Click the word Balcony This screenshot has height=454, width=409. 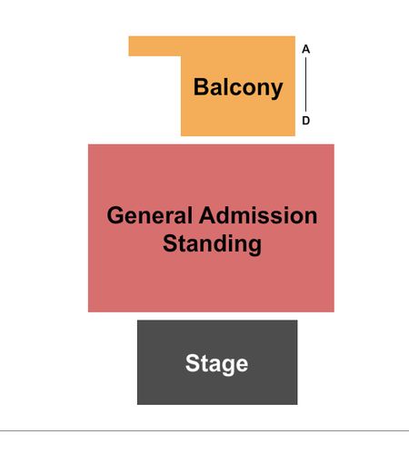238,87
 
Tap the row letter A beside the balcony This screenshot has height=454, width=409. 305,49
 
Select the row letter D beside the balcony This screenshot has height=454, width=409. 305,121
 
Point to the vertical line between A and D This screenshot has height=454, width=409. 305,84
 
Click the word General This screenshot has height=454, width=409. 150,215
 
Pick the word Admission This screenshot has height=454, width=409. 258,215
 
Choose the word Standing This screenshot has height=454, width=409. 212,244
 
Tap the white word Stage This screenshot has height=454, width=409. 216,363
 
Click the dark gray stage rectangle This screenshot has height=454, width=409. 217,362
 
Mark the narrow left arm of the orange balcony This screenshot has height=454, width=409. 155,46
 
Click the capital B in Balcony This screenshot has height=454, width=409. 201,87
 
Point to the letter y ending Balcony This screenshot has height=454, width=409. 276,90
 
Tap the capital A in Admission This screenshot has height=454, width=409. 207,215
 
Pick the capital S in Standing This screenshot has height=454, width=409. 170,242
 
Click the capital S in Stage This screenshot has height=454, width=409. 193,362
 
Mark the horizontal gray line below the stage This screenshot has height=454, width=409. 204,430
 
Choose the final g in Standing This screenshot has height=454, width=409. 254,246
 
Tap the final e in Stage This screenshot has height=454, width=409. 242,365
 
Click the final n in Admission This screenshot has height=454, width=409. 311,217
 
